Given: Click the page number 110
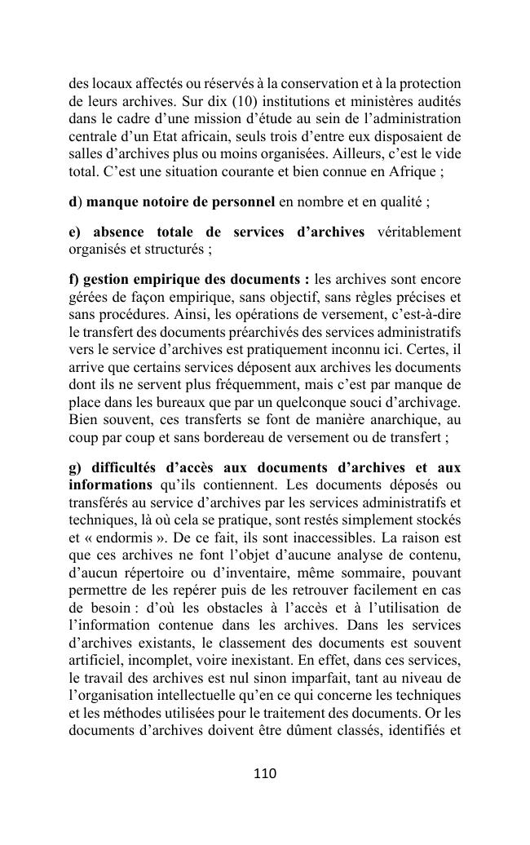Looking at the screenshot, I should click(265, 774).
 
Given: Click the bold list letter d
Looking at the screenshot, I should click(73, 201).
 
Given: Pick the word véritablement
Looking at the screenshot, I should click(419, 232).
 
